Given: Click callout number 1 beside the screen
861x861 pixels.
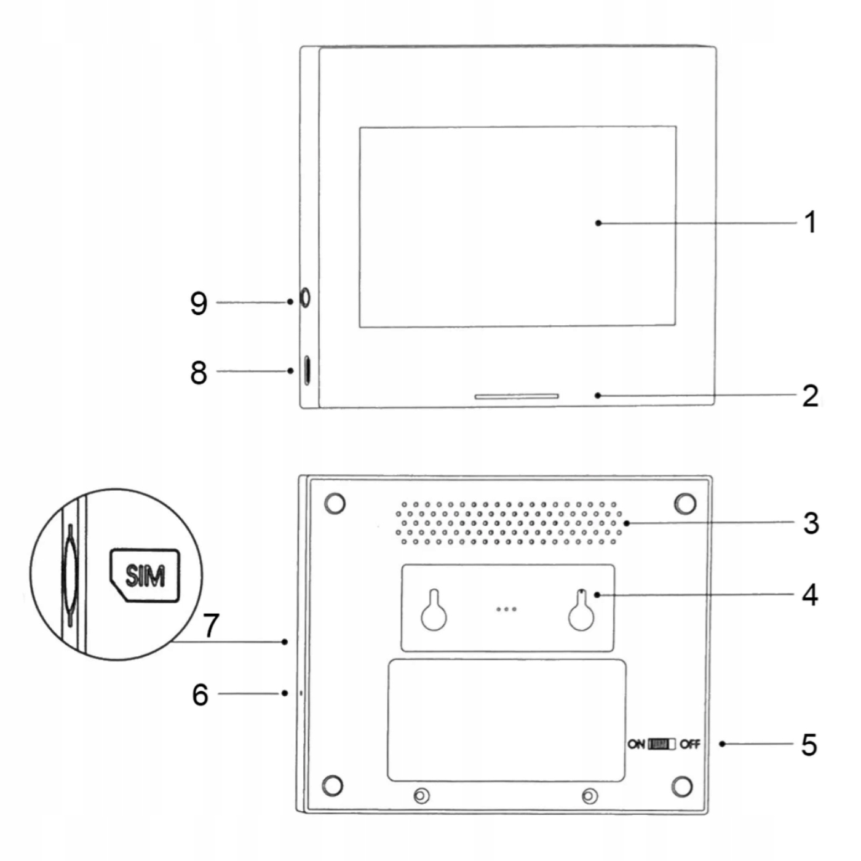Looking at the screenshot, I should click(x=811, y=222).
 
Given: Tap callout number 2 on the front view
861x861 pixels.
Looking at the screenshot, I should click(x=810, y=395).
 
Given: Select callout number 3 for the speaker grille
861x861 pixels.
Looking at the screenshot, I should click(x=811, y=523).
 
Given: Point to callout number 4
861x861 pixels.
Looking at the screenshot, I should click(x=810, y=595).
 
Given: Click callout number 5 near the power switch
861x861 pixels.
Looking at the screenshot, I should click(x=809, y=744).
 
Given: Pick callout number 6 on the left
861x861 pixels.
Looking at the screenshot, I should click(x=200, y=694).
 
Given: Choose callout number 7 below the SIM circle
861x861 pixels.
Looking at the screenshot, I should click(x=211, y=625).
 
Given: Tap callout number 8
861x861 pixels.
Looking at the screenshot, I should click(x=199, y=372).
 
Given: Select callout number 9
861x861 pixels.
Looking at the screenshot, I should click(x=199, y=303).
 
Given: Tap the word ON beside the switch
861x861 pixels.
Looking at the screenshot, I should click(x=636, y=744).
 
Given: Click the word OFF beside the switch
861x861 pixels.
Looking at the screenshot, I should click(x=690, y=744).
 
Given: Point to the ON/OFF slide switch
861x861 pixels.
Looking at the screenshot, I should click(x=662, y=744).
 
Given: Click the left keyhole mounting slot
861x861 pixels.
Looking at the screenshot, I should click(x=434, y=613).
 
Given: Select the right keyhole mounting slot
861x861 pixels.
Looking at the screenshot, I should click(x=581, y=613).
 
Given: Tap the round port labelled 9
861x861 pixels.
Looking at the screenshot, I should click(x=304, y=298).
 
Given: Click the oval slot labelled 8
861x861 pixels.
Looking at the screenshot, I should click(x=307, y=370).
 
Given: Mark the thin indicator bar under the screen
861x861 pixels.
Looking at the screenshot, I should click(x=517, y=397).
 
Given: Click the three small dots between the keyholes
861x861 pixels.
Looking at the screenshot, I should click(x=506, y=609).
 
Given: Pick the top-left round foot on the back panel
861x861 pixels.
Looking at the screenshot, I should click(x=335, y=503).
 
